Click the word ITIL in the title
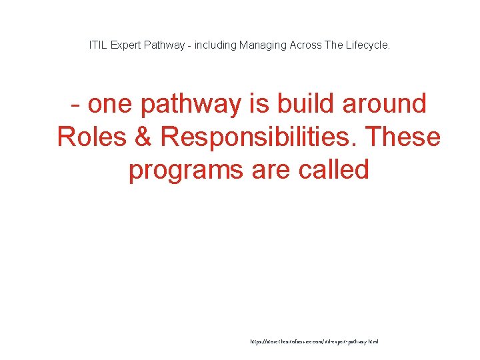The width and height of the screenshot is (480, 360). (97, 45)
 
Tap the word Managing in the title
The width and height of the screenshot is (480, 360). (265, 45)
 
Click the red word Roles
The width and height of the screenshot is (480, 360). (93, 137)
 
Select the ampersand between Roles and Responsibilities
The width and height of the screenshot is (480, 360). (145, 137)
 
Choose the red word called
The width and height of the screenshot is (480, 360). (334, 170)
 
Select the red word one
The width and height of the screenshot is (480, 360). (111, 105)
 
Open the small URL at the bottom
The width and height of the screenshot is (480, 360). (314, 341)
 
